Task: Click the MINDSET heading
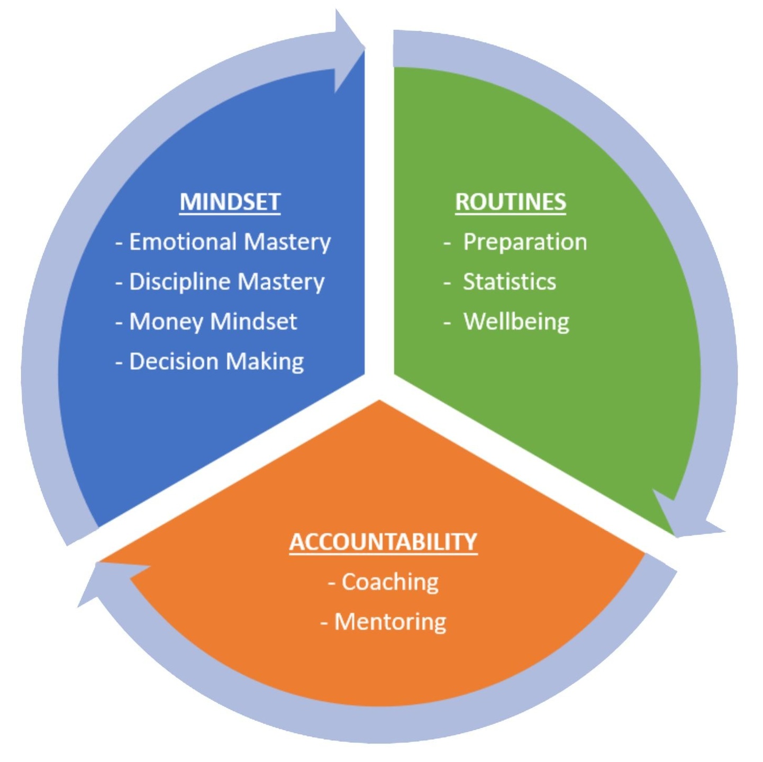tap(230, 202)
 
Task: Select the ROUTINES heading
tap(511, 202)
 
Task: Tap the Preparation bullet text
tap(525, 242)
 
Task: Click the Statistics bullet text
tap(510, 282)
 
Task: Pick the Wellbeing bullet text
tap(516, 322)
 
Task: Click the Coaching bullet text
tap(390, 582)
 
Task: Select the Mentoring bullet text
tap(390, 622)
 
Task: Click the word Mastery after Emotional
tap(287, 242)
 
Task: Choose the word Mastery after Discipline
tap(281, 282)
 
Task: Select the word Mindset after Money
tap(254, 322)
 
